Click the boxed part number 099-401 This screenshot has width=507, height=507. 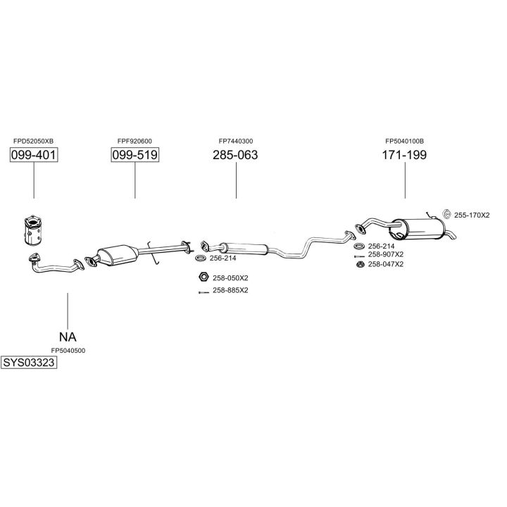tap(33, 155)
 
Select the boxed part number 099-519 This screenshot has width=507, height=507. tap(134, 155)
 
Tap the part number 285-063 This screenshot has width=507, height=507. tap(235, 155)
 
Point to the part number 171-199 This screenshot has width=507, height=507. tap(404, 155)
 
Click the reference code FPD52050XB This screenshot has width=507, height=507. tap(33, 141)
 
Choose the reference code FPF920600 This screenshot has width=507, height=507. tap(134, 141)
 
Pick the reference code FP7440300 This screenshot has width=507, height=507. tap(235, 141)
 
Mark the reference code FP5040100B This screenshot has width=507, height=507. tap(404, 141)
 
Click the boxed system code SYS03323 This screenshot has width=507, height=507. tap(29, 363)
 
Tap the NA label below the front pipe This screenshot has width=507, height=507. tap(68, 337)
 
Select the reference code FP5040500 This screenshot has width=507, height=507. tap(68, 350)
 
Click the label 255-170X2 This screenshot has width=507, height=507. tap(471, 215)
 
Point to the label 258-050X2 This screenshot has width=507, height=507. tap(230, 277)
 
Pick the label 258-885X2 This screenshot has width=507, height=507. tap(230, 290)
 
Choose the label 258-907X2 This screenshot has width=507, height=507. tap(385, 254)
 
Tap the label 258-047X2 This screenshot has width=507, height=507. tap(385, 264)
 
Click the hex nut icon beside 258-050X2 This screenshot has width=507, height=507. tap(202, 277)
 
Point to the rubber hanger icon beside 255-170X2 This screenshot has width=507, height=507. tap(446, 214)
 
